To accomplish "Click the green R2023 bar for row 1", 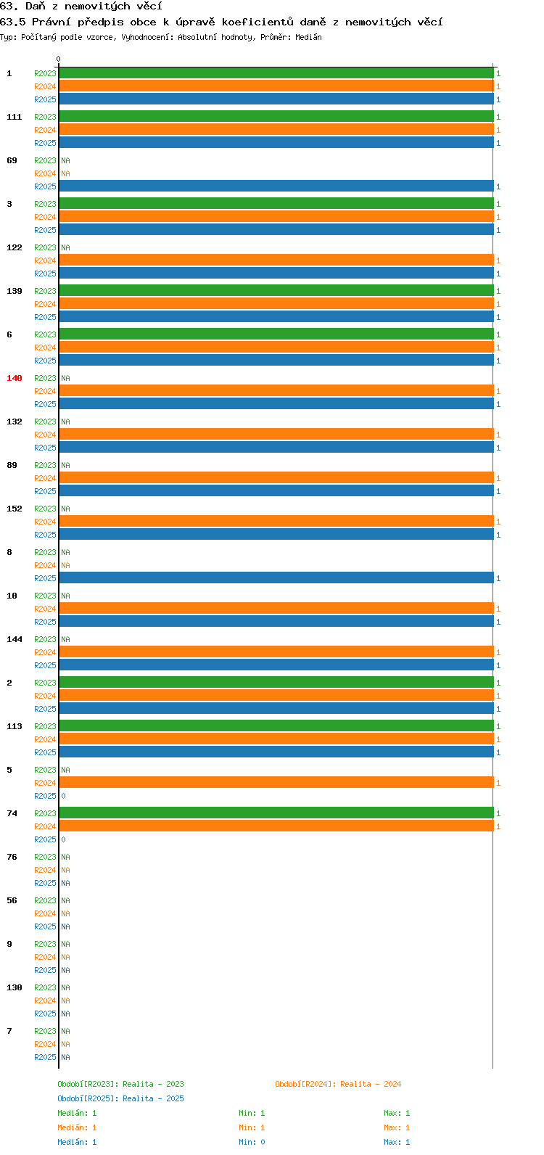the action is pyautogui.click(x=276, y=73).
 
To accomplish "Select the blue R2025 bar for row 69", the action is pyautogui.click(x=276, y=186).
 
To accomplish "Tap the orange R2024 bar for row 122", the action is pyautogui.click(x=276, y=260).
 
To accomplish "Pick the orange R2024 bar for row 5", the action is pyautogui.click(x=276, y=783).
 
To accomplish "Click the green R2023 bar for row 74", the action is pyautogui.click(x=276, y=813).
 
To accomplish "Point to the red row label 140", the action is pyautogui.click(x=15, y=378).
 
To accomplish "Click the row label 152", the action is pyautogui.click(x=15, y=509).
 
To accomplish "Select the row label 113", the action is pyautogui.click(x=15, y=726).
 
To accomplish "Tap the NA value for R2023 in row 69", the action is pyautogui.click(x=65, y=160).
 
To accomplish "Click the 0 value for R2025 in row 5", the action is pyautogui.click(x=63, y=796).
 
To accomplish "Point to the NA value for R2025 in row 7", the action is pyautogui.click(x=65, y=1057).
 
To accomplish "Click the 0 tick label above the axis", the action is pyautogui.click(x=58, y=59).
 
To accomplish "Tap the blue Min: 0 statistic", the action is pyautogui.click(x=252, y=1142).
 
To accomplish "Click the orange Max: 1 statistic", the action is pyautogui.click(x=397, y=1127).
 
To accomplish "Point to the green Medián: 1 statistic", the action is pyautogui.click(x=77, y=1113).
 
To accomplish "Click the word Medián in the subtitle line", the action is pyautogui.click(x=308, y=37).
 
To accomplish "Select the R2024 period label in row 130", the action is pyautogui.click(x=45, y=1000).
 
